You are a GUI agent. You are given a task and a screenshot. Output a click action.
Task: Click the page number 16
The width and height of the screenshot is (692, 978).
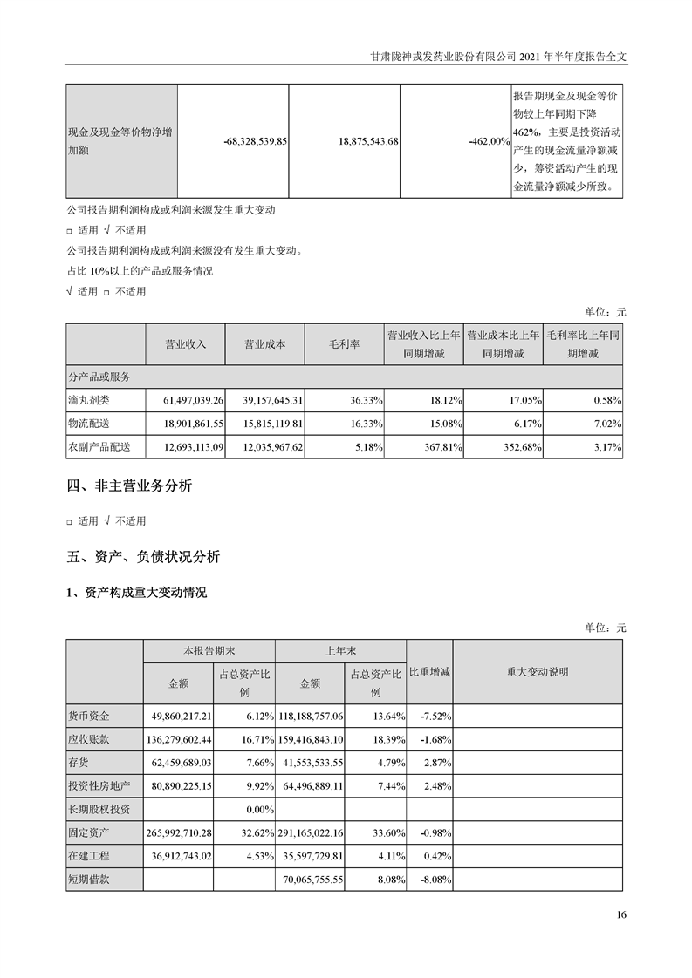pos(620,914)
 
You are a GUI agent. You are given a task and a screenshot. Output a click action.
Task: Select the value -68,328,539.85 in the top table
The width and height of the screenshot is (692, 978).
pos(256,140)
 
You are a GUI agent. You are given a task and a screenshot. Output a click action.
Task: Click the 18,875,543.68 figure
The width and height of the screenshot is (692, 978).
pos(367,140)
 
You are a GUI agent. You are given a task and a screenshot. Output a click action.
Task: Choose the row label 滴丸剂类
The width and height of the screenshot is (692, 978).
pos(92,400)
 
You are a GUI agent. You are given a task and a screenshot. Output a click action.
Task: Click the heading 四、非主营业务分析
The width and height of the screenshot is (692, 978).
pos(129,486)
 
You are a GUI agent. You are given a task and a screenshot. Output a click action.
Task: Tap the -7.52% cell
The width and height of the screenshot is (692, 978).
pos(434,717)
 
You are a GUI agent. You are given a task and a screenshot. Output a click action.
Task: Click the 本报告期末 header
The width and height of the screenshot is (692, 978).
pos(209,651)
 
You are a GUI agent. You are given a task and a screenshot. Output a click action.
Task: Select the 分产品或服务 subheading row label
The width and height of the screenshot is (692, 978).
pos(99,377)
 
